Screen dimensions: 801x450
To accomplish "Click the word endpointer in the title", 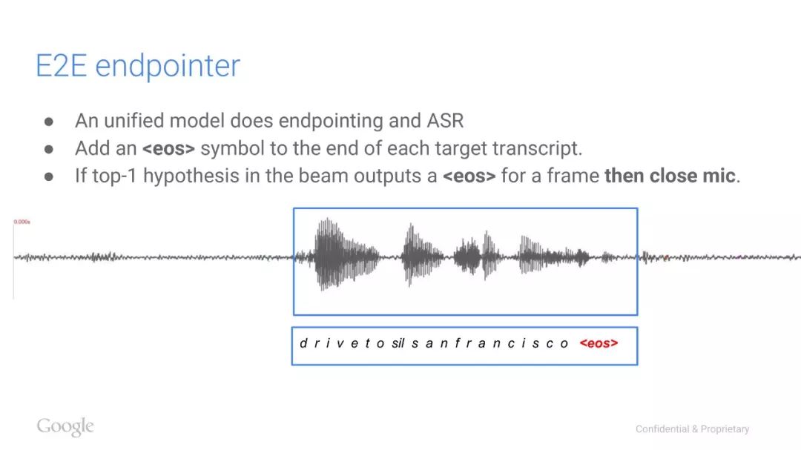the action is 168,67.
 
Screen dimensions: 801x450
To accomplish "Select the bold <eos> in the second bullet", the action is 168,148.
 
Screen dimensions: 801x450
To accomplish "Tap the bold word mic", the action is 719,176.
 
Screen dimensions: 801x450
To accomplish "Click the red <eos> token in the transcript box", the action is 599,343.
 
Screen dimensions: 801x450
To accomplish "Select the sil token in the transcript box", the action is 398,343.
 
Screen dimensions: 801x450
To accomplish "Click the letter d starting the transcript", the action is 303,343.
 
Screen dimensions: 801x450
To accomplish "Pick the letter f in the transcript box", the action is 457,343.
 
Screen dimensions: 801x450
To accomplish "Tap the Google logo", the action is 65,426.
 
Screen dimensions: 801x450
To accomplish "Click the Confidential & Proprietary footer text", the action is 692,429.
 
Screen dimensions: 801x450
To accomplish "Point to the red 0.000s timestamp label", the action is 22,222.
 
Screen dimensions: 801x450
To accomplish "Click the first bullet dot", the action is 49,122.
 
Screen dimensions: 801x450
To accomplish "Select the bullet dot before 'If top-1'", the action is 49,176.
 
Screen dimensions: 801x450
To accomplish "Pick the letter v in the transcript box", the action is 340,344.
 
